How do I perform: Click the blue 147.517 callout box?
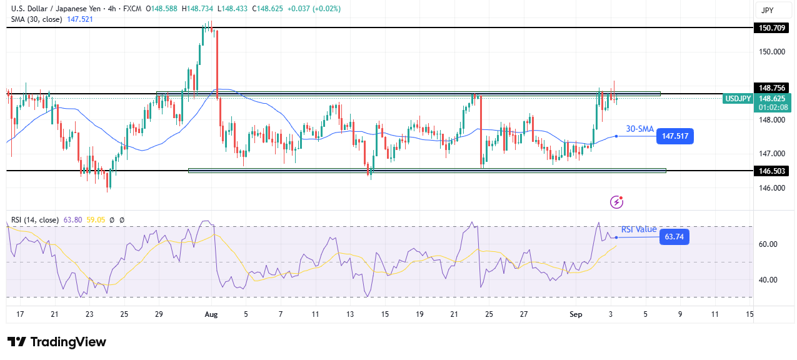[x=674, y=136]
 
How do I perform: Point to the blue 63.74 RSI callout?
[x=674, y=237]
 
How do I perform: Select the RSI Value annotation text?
[x=639, y=229]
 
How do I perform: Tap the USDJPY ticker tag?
[x=738, y=99]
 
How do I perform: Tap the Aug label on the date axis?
[x=211, y=314]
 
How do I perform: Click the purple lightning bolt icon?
[x=616, y=201]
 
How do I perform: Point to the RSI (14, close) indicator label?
[x=35, y=220]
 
